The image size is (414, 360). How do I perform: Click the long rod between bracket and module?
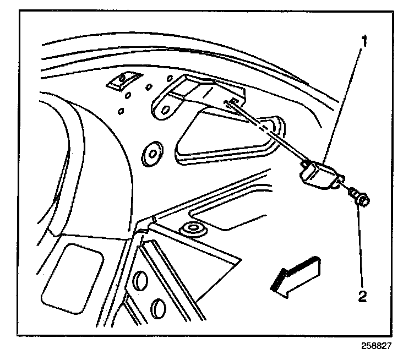point(270,133)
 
